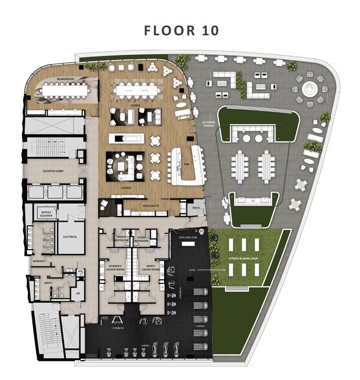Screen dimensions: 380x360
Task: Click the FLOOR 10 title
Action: (181, 30)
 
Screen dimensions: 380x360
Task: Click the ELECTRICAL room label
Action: (70, 237)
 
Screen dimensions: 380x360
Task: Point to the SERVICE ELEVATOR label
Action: (46, 213)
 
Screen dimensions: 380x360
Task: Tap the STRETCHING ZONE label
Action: (184, 238)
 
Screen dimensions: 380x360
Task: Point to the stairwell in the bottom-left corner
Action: (46, 333)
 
